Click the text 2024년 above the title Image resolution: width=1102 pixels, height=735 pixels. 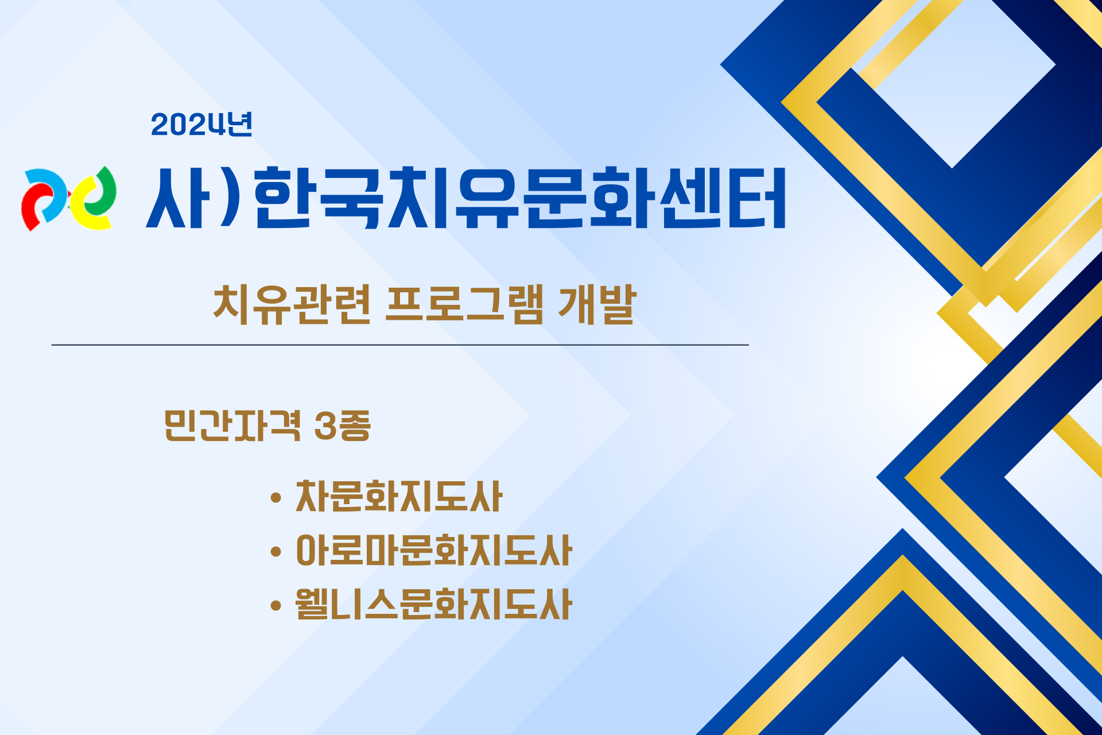point(201,124)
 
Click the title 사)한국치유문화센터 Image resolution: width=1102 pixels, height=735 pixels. point(465,198)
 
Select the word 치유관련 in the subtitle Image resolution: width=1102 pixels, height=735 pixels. point(292,304)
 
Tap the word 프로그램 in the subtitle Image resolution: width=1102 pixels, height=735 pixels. point(464,304)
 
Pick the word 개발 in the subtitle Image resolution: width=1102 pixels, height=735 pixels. point(597,304)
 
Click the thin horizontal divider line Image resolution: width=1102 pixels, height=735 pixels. point(400,345)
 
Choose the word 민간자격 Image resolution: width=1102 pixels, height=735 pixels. point(232,425)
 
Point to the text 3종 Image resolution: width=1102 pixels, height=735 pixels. point(343,425)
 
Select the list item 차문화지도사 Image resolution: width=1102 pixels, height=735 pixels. point(399,496)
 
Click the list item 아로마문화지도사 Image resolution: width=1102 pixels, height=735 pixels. point(433,550)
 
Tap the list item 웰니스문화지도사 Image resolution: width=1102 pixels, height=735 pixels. point(433,604)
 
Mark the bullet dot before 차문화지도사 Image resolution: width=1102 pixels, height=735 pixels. point(275,497)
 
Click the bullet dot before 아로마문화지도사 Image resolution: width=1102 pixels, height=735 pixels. point(275,552)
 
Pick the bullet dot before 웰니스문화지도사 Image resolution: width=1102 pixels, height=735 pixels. point(275,605)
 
